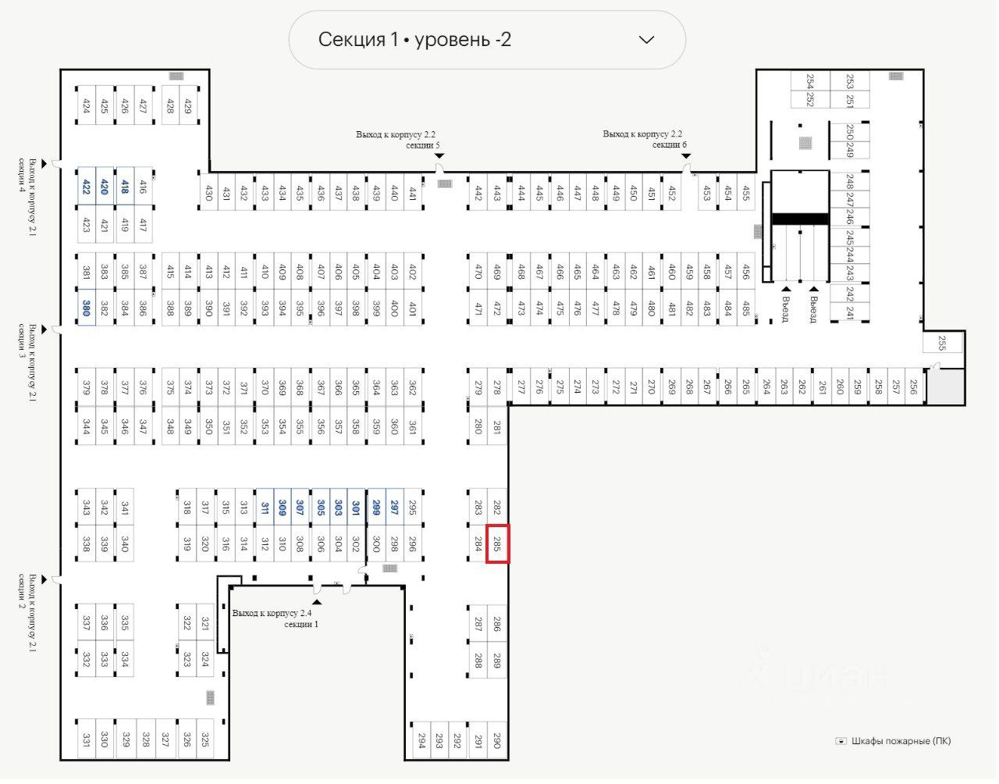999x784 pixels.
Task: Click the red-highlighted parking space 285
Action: coord(497,543)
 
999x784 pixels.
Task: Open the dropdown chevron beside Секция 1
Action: coord(646,40)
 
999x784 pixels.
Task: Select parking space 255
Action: coord(942,343)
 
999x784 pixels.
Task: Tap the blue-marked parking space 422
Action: coord(86,186)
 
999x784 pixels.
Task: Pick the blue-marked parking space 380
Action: coord(86,308)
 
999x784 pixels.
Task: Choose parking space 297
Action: coord(394,508)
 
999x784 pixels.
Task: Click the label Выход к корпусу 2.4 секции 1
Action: coord(273,618)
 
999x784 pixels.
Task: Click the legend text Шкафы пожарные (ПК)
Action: coord(901,741)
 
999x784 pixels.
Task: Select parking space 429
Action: coord(187,105)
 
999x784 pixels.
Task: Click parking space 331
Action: coord(86,739)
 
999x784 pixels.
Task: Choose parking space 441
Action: coord(413,192)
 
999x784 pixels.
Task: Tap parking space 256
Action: coord(913,386)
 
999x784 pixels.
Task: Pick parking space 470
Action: coord(478,272)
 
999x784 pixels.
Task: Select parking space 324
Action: coord(205,659)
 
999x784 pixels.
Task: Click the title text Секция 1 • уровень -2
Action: coord(414,40)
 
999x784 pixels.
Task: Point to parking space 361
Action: coord(413,426)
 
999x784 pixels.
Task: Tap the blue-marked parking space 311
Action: coord(265,508)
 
